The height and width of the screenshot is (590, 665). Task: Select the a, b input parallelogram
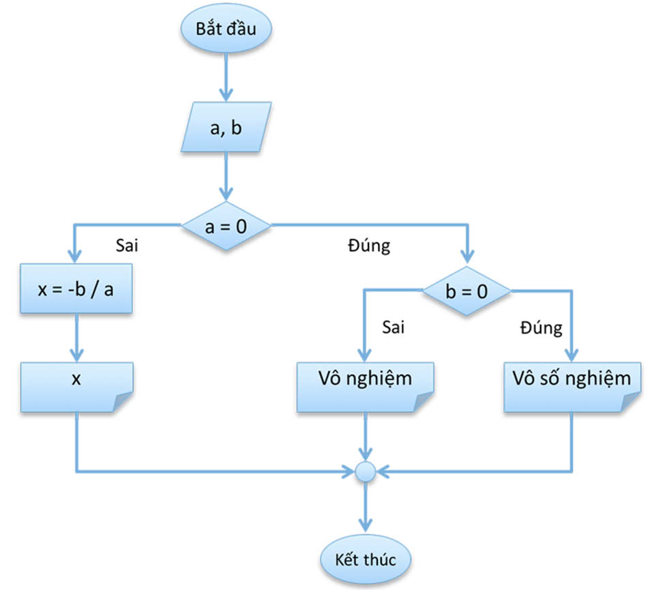226,128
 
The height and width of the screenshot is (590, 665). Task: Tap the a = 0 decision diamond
225,225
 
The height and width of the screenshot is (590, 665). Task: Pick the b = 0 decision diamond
467,292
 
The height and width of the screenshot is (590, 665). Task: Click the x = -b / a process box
76,289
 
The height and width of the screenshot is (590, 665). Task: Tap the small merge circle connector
366,471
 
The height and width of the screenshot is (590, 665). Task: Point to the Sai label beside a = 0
127,245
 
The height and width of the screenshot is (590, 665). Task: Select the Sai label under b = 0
393,327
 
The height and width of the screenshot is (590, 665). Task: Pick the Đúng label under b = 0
541,327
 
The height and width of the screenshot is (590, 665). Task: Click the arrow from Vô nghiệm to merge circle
366,437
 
